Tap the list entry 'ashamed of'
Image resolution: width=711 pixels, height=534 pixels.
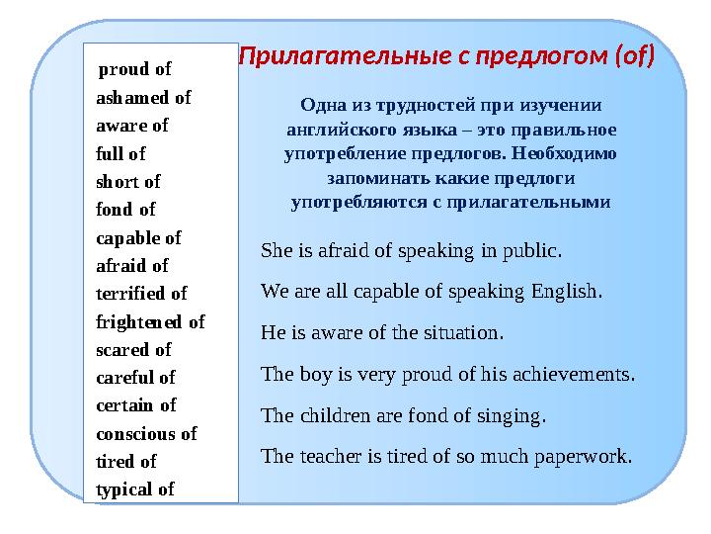point(143,98)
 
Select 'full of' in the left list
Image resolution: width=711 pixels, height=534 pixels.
point(120,154)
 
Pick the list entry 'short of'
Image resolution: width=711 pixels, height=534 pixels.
point(128,182)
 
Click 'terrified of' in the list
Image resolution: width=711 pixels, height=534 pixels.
point(141,294)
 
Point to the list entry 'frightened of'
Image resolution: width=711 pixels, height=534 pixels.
point(150,321)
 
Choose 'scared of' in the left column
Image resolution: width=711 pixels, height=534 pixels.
point(133,349)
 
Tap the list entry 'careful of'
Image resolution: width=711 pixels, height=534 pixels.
point(135,378)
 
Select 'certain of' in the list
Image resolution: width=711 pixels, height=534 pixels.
point(136,405)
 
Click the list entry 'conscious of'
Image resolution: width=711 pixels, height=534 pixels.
point(146,433)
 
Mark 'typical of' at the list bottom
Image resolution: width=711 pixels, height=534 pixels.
point(135,489)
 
